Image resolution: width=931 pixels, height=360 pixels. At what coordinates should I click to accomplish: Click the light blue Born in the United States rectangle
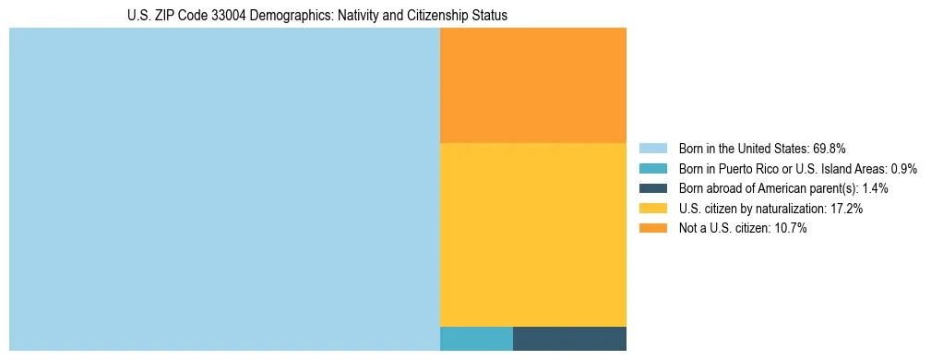(224, 189)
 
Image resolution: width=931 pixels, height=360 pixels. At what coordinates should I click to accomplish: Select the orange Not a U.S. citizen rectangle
(533, 85)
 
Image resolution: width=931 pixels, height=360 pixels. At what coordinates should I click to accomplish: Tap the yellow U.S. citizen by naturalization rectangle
(533, 234)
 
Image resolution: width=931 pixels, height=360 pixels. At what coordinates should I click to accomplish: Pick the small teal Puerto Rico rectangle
(476, 339)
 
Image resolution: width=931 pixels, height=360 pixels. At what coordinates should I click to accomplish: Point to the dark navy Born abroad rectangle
(569, 339)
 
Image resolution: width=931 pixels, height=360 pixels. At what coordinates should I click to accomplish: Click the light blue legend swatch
(652, 148)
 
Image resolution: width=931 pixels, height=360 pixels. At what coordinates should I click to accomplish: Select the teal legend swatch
(652, 168)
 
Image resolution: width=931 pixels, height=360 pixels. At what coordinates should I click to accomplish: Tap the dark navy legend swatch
(652, 188)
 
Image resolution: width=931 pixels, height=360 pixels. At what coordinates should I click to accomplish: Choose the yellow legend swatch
(652, 209)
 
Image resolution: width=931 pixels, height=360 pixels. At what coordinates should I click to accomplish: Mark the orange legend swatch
(652, 229)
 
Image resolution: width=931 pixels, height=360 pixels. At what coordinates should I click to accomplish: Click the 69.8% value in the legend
(830, 148)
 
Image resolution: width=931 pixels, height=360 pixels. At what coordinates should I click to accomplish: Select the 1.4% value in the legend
(875, 188)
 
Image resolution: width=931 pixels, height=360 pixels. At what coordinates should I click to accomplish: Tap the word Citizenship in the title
(439, 16)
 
